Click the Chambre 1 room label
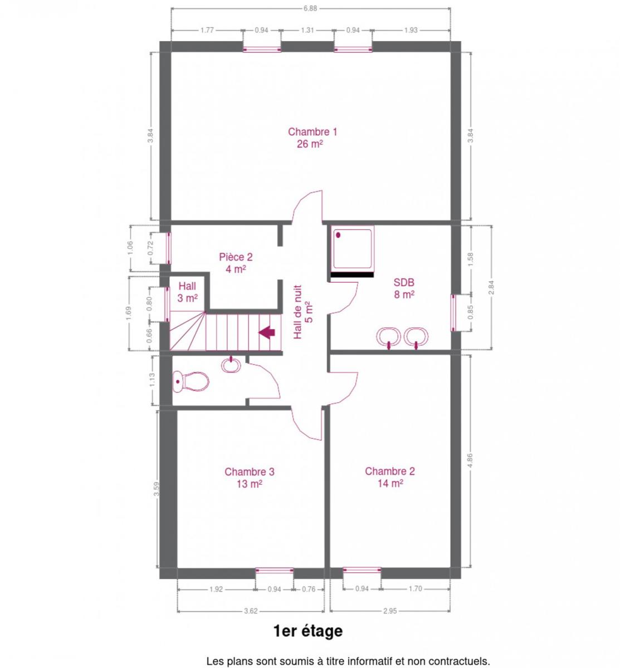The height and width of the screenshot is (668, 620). [312, 137]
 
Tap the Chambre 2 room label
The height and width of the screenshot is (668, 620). [390, 477]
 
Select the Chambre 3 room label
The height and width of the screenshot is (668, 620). [250, 478]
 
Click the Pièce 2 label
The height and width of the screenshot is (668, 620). [236, 263]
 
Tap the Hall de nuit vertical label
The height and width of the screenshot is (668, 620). [303, 312]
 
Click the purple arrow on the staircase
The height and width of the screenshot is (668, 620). [267, 332]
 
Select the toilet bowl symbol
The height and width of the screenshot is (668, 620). [191, 381]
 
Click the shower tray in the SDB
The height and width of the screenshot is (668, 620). [353, 249]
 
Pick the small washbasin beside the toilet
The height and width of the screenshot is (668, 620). [231, 365]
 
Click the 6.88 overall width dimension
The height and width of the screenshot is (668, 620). [310, 8]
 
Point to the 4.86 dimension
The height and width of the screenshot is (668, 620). [470, 460]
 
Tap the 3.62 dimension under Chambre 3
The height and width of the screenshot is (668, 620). [251, 611]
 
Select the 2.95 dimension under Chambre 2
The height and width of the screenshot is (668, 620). [390, 611]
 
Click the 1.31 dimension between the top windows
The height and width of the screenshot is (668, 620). [307, 30]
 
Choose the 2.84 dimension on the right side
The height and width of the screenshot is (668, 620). [491, 288]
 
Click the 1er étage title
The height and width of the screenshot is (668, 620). [308, 631]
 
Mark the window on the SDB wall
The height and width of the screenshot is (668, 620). [453, 313]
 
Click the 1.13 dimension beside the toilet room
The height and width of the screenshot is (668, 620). [152, 380]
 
